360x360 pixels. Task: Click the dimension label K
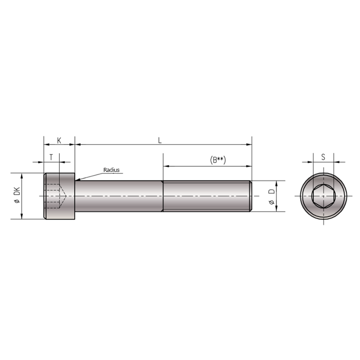(x=59, y=140)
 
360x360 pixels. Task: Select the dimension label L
(x=160, y=140)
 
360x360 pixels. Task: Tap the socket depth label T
(x=51, y=157)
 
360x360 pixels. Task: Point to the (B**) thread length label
(x=218, y=160)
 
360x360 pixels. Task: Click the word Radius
(x=111, y=170)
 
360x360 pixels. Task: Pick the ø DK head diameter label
(x=17, y=195)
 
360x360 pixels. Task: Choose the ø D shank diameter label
(x=272, y=197)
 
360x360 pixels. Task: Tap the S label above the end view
(x=323, y=157)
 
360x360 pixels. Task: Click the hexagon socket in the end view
(x=324, y=196)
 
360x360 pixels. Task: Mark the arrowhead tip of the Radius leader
(x=75, y=180)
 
